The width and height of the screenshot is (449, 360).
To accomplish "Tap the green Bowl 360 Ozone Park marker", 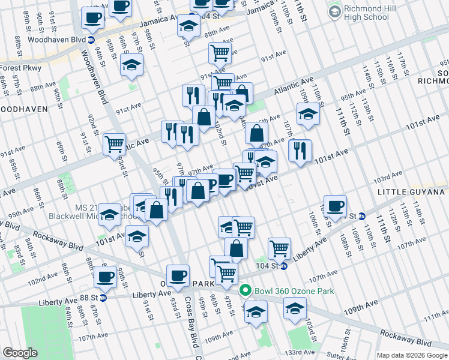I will [245, 292].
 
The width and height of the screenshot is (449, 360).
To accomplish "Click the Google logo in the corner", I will [20, 353].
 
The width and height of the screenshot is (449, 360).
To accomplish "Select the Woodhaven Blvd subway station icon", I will [91, 40].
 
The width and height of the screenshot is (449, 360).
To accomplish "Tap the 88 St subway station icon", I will [103, 297].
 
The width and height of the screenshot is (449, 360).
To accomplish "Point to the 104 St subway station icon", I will [284, 266].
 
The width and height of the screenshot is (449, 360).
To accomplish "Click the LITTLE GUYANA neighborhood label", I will [412, 191].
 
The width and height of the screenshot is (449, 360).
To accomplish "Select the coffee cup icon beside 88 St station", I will [106, 277].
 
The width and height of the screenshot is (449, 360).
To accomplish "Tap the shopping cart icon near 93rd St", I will [113, 143].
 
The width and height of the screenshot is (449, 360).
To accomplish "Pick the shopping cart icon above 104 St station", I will [279, 247].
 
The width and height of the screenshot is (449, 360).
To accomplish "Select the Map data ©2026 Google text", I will [411, 355].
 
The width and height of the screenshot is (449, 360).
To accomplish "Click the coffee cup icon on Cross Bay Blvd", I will [178, 275].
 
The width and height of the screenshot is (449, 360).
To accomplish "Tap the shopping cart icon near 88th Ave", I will [220, 52].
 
